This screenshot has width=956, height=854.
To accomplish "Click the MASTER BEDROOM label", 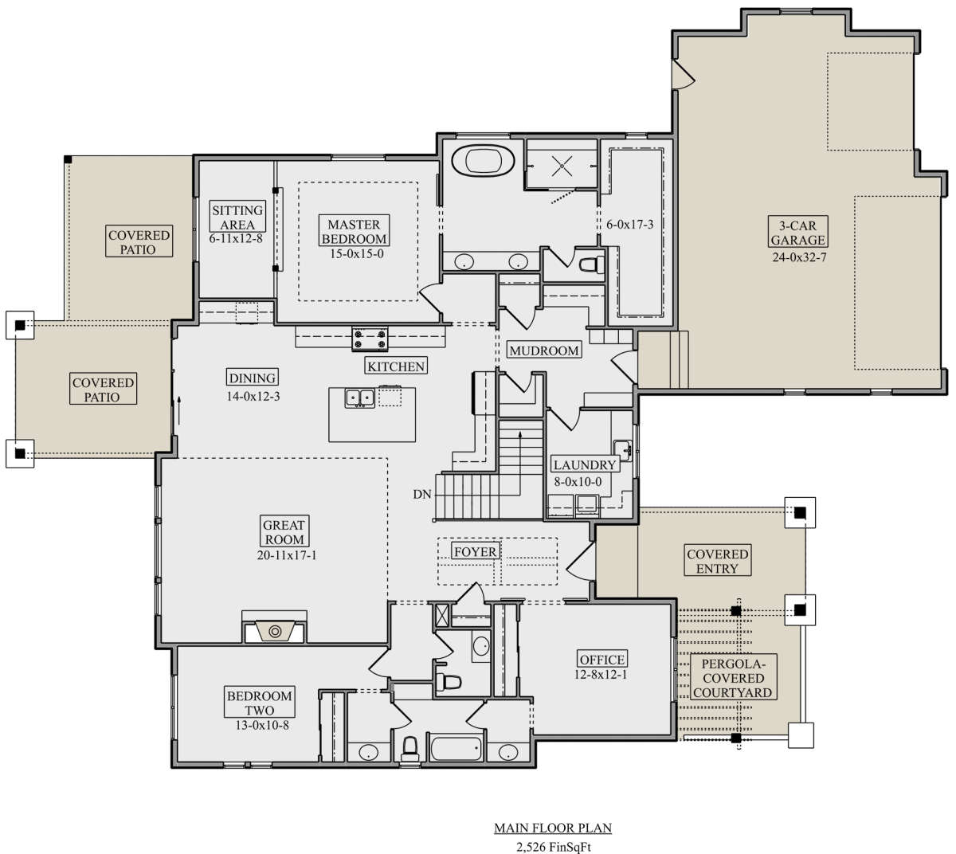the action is (x=354, y=231).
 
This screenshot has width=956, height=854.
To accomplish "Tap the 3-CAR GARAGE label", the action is (x=798, y=232).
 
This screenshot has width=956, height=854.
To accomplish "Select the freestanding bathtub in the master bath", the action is (x=484, y=160).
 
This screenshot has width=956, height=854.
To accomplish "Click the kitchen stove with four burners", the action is (x=370, y=339).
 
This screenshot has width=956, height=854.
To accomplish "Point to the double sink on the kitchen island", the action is (x=359, y=398).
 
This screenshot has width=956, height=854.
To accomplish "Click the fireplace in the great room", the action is (x=275, y=631).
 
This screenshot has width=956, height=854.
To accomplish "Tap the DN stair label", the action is (x=422, y=495).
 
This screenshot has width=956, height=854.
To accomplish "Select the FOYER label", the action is (x=475, y=551).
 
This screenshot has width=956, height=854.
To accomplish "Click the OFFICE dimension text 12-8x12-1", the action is (x=601, y=675).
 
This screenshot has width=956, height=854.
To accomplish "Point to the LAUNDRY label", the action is (x=585, y=464).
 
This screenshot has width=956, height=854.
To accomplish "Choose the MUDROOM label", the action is (x=544, y=350).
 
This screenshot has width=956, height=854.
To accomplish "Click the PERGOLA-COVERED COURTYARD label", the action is (x=733, y=679).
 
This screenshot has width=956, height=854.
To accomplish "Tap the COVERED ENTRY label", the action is (x=717, y=561).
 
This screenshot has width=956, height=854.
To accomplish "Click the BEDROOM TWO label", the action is (x=260, y=703).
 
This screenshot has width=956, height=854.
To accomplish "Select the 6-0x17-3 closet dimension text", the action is (x=630, y=225).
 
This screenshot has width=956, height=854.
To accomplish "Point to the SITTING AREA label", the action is (x=237, y=217).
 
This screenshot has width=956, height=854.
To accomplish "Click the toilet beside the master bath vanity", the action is (x=592, y=264).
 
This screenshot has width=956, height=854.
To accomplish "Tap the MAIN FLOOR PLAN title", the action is (x=553, y=828).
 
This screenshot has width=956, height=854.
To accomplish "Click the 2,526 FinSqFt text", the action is (x=554, y=847).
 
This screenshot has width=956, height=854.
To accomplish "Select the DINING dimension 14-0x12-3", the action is (x=253, y=397).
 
